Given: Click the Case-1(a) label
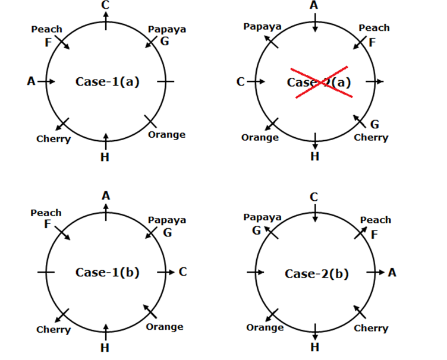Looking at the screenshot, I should (x=107, y=81).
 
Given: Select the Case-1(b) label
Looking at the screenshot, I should (x=107, y=272).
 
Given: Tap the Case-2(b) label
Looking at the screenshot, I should (x=316, y=273).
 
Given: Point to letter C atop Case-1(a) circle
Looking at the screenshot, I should (x=105, y=5).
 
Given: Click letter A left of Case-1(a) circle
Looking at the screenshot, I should (x=31, y=81).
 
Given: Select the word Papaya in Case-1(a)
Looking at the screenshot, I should (x=166, y=29).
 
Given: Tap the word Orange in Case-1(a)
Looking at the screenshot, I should (x=166, y=134).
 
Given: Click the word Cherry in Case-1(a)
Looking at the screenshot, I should (x=53, y=139).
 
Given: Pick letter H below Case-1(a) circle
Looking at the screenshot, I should (x=105, y=157).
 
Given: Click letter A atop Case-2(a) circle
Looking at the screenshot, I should (x=314, y=5).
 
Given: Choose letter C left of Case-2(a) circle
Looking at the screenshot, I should (x=240, y=81).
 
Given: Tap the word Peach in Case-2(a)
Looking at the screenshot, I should (x=374, y=28).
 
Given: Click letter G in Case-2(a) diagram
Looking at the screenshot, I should (x=374, y=125).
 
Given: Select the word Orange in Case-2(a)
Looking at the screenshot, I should (x=260, y=138).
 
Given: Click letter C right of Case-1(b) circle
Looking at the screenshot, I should (x=182, y=272).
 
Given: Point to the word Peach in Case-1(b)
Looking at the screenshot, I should (x=46, y=212).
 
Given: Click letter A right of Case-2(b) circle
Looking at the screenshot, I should (x=392, y=272).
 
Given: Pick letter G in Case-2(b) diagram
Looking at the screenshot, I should (x=256, y=230).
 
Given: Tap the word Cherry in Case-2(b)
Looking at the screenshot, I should (x=371, y=328).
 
